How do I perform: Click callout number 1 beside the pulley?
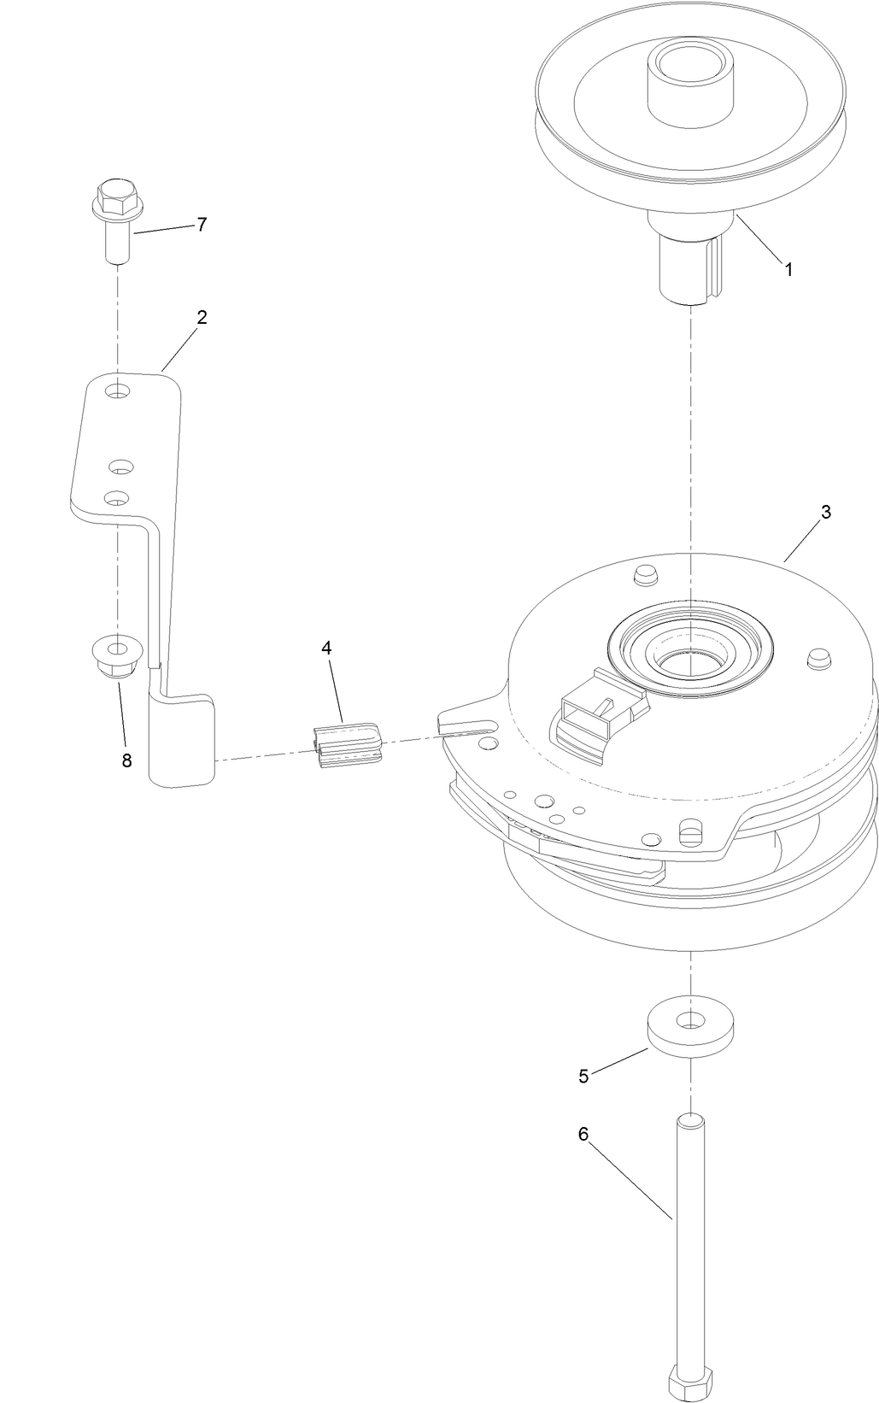788,269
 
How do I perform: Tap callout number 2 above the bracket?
202,317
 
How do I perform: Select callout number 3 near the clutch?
825,513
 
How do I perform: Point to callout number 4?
327,648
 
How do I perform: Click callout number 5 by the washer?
583,1077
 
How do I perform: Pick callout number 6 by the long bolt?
583,1134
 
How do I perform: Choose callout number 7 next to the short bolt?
202,225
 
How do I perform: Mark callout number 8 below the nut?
126,737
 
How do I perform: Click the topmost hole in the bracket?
120,391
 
